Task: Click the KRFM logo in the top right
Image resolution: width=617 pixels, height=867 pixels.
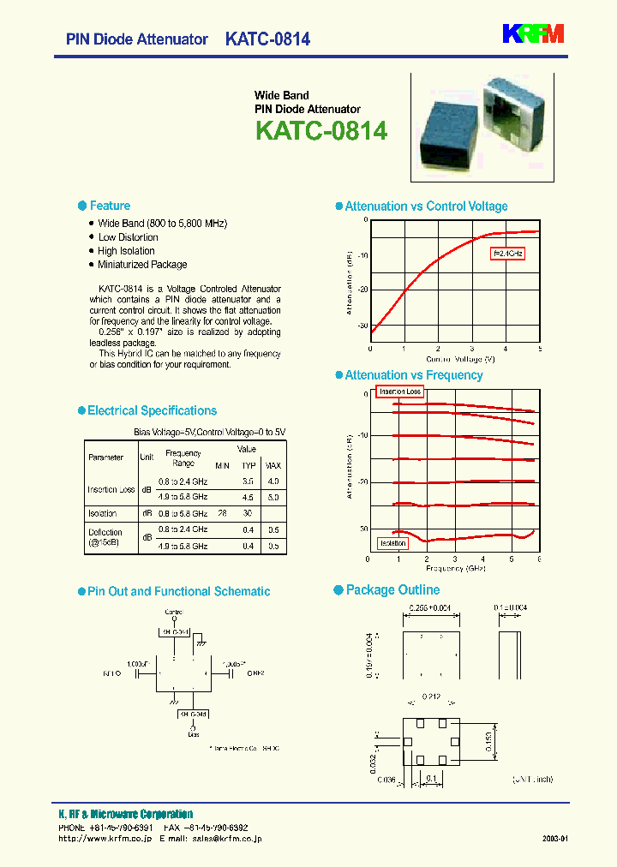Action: [532, 33]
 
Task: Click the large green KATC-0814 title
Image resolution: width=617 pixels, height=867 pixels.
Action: [321, 131]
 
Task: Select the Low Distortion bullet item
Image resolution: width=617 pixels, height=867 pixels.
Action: [128, 237]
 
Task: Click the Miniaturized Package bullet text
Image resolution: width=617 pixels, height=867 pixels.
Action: [142, 265]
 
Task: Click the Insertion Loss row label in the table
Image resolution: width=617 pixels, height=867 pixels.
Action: [111, 489]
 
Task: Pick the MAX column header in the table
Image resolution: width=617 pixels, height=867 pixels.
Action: [273, 465]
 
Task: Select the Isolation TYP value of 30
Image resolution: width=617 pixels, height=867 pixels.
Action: [249, 513]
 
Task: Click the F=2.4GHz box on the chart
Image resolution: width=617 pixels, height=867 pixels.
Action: [507, 254]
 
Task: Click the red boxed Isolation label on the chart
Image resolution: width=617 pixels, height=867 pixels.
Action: [393, 543]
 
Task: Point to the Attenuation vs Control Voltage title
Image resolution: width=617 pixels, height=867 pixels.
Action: [426, 206]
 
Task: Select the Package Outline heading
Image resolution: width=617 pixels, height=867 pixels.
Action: [392, 590]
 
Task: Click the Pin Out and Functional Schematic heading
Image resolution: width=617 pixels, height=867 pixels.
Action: [178, 591]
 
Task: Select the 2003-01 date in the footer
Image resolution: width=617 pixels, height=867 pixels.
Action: [555, 839]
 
